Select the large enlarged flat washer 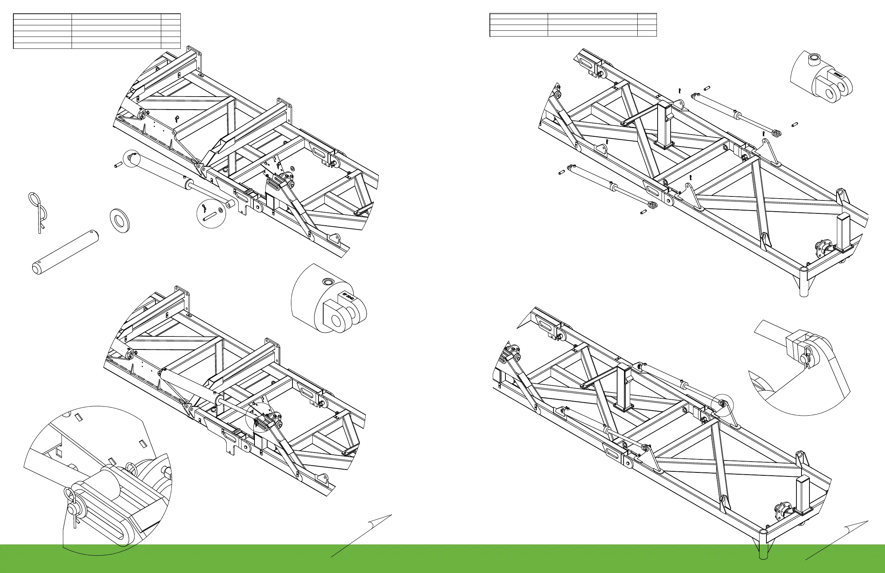(x=120, y=221)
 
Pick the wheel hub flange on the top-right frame (x=823, y=247)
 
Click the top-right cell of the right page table (x=647, y=16)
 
